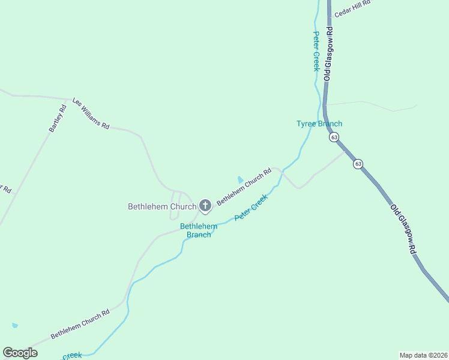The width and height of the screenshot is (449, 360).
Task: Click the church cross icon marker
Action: pos(205,206)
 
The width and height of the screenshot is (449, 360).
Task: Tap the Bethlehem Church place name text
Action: pos(162,206)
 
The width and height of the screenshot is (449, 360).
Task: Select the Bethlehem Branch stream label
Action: pos(199,230)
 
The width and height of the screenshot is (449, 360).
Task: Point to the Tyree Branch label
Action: pos(319,124)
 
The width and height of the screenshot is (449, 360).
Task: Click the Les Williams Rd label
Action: pos(91,114)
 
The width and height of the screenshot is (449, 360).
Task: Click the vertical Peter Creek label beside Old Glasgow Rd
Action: pos(316,52)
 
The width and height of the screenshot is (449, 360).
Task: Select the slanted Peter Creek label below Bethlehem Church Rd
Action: pos(251,206)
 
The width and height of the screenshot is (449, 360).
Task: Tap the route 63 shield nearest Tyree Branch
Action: pos(334,137)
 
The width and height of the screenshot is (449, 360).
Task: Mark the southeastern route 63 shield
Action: pos(358,164)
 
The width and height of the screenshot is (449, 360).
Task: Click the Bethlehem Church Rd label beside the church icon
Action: pos(244,187)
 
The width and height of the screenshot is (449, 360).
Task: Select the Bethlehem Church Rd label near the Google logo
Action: pos(80,324)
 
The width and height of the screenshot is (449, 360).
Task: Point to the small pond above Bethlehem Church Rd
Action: pos(241,179)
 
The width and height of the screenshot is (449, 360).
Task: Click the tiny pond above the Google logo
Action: pos(14,326)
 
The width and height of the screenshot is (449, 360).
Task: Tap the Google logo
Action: pos(20,353)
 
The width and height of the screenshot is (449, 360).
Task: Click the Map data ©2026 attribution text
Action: pos(423,355)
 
